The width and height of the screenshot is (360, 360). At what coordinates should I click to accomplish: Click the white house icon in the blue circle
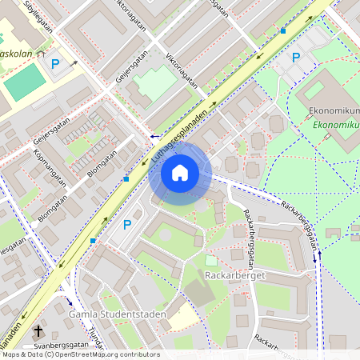[180, 172]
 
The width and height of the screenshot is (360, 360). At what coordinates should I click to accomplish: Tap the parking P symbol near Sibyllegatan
[55, 64]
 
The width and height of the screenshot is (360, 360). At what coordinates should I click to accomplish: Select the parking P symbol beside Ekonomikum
[296, 58]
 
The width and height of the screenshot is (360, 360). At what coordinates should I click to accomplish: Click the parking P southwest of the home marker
[126, 226]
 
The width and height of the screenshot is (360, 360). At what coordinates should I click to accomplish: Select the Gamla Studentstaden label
[118, 314]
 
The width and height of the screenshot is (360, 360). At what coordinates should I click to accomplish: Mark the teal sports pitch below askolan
[26, 82]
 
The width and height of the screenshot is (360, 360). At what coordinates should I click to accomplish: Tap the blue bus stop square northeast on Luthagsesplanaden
[282, 30]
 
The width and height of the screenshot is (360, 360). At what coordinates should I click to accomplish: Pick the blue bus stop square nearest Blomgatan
[126, 179]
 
